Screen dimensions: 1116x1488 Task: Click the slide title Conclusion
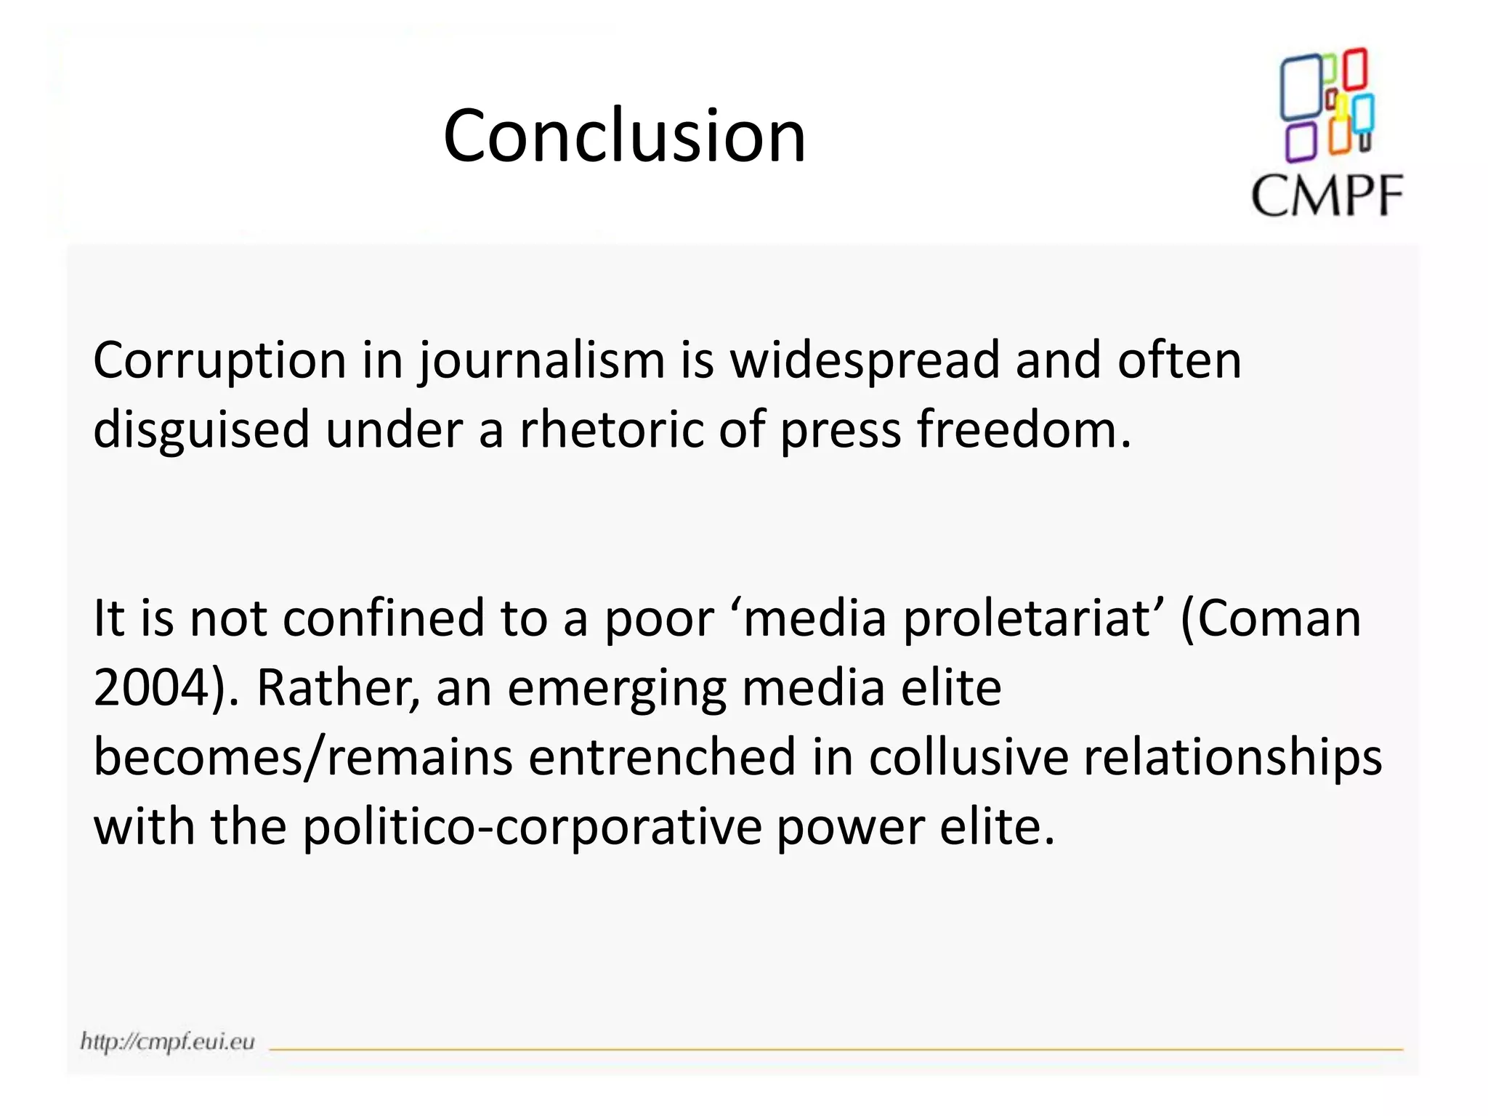click(624, 136)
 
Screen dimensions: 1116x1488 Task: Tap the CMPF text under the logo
click(1327, 195)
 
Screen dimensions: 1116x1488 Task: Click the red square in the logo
click(1355, 69)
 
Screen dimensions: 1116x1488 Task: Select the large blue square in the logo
click(1301, 87)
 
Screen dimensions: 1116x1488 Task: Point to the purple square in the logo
click(1301, 142)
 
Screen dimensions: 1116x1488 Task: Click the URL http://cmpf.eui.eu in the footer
click(168, 1041)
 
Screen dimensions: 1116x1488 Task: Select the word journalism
click(542, 361)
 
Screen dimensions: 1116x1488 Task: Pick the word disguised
click(201, 430)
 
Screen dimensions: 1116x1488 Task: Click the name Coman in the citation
click(1279, 618)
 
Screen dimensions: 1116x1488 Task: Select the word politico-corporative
click(532, 827)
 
